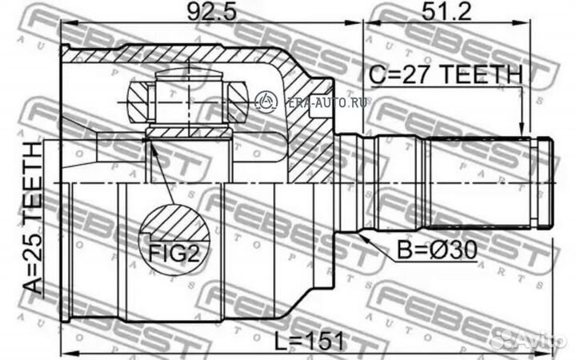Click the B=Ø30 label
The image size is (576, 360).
[x=436, y=252]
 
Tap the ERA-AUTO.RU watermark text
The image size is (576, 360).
[x=313, y=100]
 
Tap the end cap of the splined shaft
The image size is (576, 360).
[x=546, y=183]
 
